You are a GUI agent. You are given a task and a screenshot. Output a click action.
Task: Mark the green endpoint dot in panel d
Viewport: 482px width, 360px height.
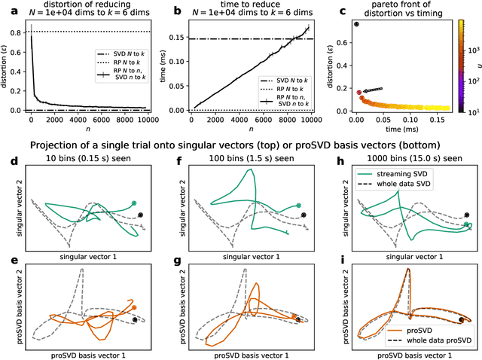tap(133, 203)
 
